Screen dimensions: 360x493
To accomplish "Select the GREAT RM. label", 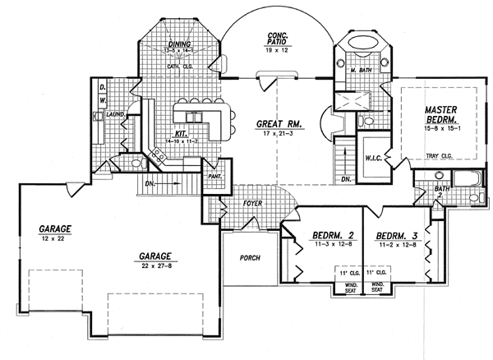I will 279,122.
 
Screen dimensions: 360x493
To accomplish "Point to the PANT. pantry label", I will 215,175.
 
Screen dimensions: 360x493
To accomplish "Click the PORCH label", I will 251,257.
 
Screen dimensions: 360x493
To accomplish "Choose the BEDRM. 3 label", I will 395,234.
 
